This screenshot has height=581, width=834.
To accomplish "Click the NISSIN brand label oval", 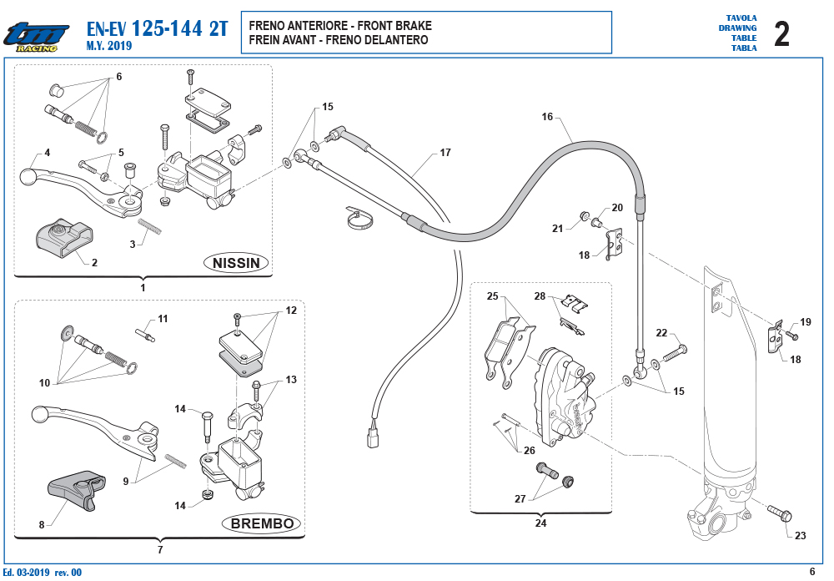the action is [x=236, y=263].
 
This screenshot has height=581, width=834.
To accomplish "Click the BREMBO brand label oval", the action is [x=262, y=523].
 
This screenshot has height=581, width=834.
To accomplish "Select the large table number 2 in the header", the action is [x=781, y=34].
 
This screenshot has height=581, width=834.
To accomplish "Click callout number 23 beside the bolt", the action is [x=800, y=536].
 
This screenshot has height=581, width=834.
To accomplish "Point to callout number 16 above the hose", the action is [x=547, y=117].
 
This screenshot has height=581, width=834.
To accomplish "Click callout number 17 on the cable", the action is [x=445, y=153].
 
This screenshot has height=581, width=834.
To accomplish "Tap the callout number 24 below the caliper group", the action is [x=540, y=523].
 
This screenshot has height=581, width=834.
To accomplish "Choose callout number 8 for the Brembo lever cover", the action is [x=42, y=524].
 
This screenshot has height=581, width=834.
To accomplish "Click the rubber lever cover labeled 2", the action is [x=64, y=235].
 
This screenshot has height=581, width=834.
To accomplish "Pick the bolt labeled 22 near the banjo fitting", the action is [x=675, y=352].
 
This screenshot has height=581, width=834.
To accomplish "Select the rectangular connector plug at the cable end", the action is [x=372, y=438].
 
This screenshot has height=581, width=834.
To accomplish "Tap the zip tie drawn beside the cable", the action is [x=359, y=217].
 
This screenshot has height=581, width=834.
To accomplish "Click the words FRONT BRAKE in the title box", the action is [x=394, y=26].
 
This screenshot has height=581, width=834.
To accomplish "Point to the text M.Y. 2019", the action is [x=109, y=46].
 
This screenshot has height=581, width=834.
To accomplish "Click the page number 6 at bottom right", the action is [x=811, y=572].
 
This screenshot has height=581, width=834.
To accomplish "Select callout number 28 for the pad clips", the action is [x=540, y=296].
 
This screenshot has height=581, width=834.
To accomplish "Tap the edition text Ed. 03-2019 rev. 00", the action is [x=42, y=572].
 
